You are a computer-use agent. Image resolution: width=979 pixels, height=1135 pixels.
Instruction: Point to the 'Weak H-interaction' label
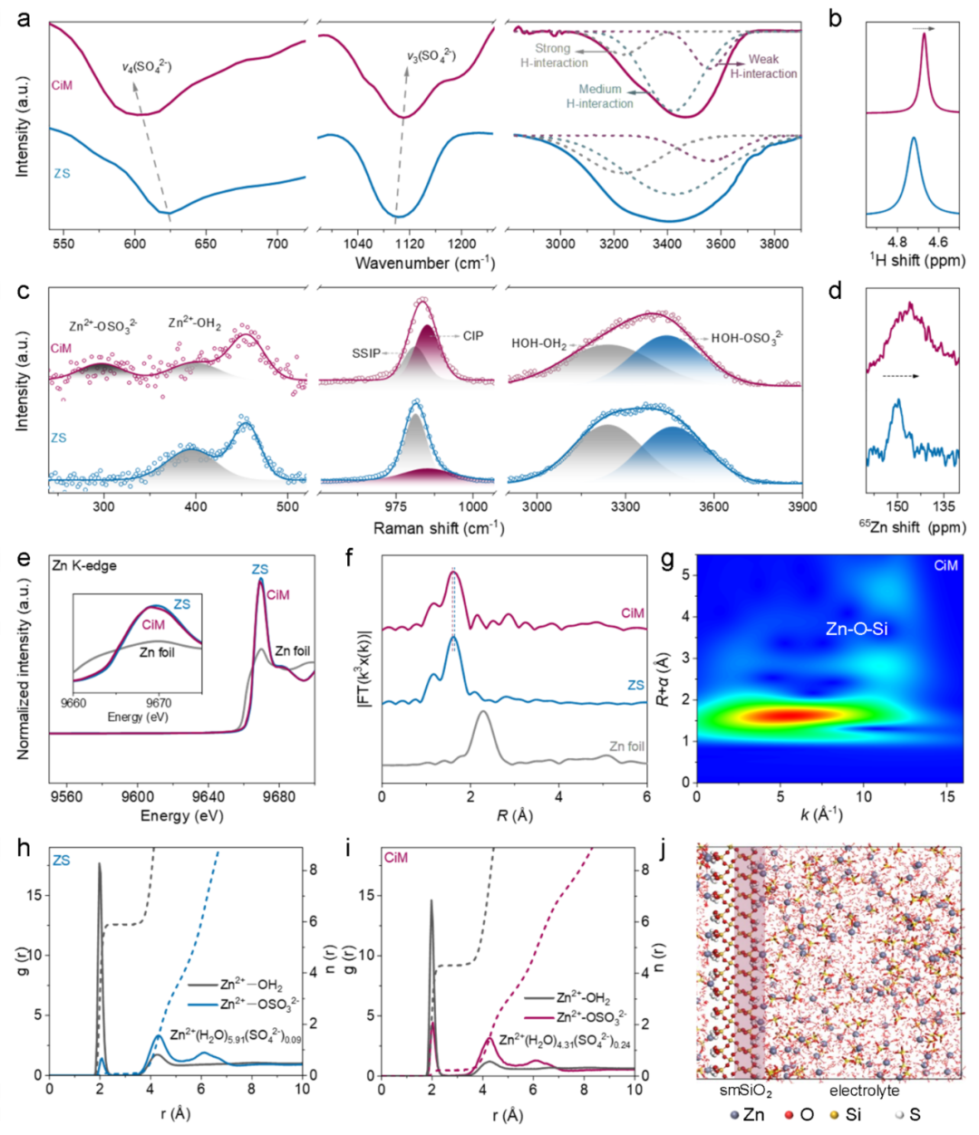click(763, 66)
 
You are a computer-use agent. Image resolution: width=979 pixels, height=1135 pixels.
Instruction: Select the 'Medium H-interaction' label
click(600, 96)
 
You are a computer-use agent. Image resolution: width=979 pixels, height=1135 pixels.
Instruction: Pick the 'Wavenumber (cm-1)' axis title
click(424, 264)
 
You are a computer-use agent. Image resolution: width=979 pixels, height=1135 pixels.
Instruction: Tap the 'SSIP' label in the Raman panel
click(366, 353)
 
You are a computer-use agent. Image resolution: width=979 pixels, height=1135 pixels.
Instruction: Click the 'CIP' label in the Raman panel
click(473, 336)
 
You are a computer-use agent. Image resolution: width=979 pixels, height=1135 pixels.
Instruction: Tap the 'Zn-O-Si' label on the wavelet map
click(856, 628)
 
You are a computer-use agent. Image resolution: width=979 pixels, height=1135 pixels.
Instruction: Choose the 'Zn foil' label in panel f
click(626, 746)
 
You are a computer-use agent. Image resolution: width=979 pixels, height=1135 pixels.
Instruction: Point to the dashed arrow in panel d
click(899, 375)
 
